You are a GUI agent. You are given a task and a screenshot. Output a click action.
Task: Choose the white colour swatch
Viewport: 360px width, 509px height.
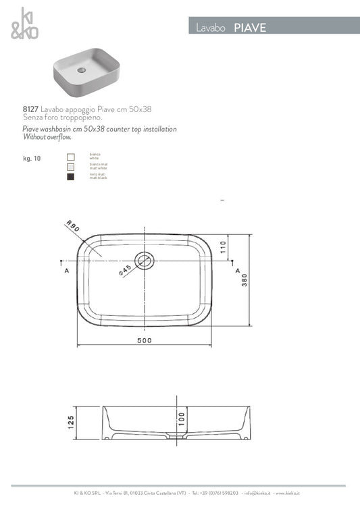[71, 157]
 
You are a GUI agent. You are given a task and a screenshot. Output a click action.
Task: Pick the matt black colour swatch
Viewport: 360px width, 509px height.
[71, 177]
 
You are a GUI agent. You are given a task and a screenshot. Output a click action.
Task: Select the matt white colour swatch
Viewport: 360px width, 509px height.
[71, 167]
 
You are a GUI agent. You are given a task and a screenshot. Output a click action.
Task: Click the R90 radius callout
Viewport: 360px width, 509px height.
[73, 229]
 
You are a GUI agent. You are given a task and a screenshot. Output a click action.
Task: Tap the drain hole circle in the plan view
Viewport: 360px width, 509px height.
[145, 259]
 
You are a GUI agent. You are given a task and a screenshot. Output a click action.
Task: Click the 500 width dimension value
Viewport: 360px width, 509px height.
[144, 341]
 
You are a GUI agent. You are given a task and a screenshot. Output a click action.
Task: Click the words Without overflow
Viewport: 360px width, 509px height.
[47, 136]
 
